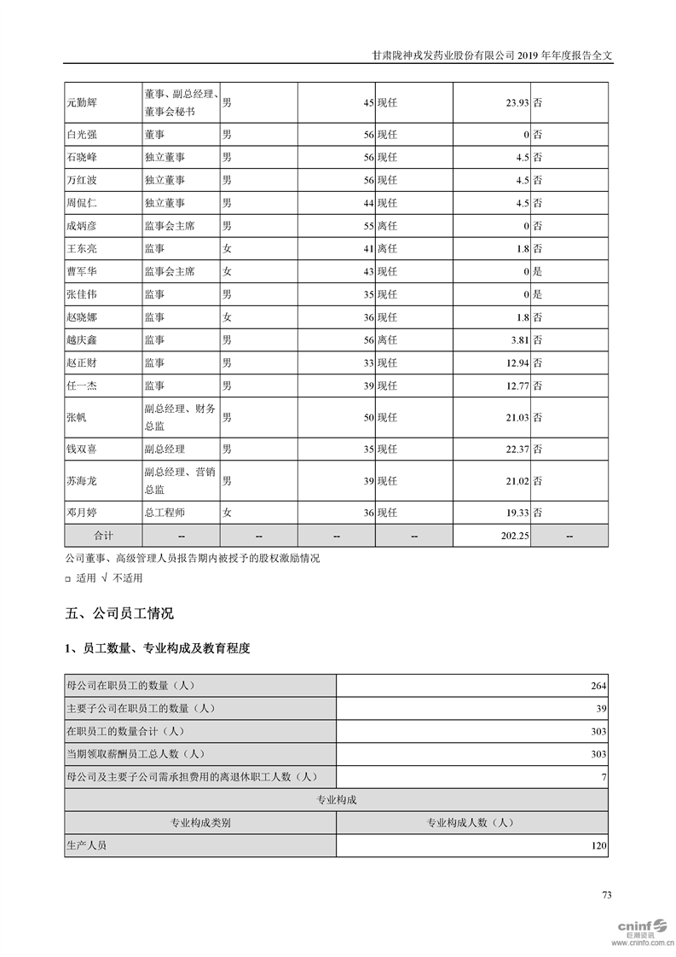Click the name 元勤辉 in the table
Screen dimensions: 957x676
coord(82,102)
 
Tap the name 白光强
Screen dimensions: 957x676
coord(82,134)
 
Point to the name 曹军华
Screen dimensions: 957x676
coord(82,271)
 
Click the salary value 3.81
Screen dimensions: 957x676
coord(518,339)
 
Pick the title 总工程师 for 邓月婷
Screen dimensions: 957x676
coord(165,513)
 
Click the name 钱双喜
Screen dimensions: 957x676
coord(82,449)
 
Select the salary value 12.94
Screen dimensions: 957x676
coord(517,362)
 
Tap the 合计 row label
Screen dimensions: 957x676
coord(103,535)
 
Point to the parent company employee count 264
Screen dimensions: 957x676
coord(598,686)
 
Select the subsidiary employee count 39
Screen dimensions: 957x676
coord(601,709)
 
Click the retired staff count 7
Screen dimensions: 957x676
coord(604,777)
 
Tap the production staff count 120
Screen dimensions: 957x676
coord(598,846)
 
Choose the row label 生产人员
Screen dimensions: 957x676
coord(87,846)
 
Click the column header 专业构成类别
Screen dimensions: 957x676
coord(200,823)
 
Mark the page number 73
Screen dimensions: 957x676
coord(607,895)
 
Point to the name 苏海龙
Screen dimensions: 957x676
coord(82,481)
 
